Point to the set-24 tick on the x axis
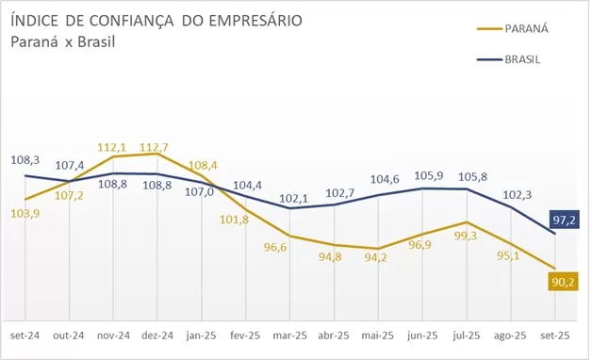click(x=25, y=335)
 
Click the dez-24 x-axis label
click(x=157, y=335)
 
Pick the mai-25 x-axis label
click(x=378, y=335)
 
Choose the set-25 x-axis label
click(x=554, y=335)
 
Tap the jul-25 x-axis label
click(x=466, y=335)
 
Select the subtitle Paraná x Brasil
click(x=57, y=41)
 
